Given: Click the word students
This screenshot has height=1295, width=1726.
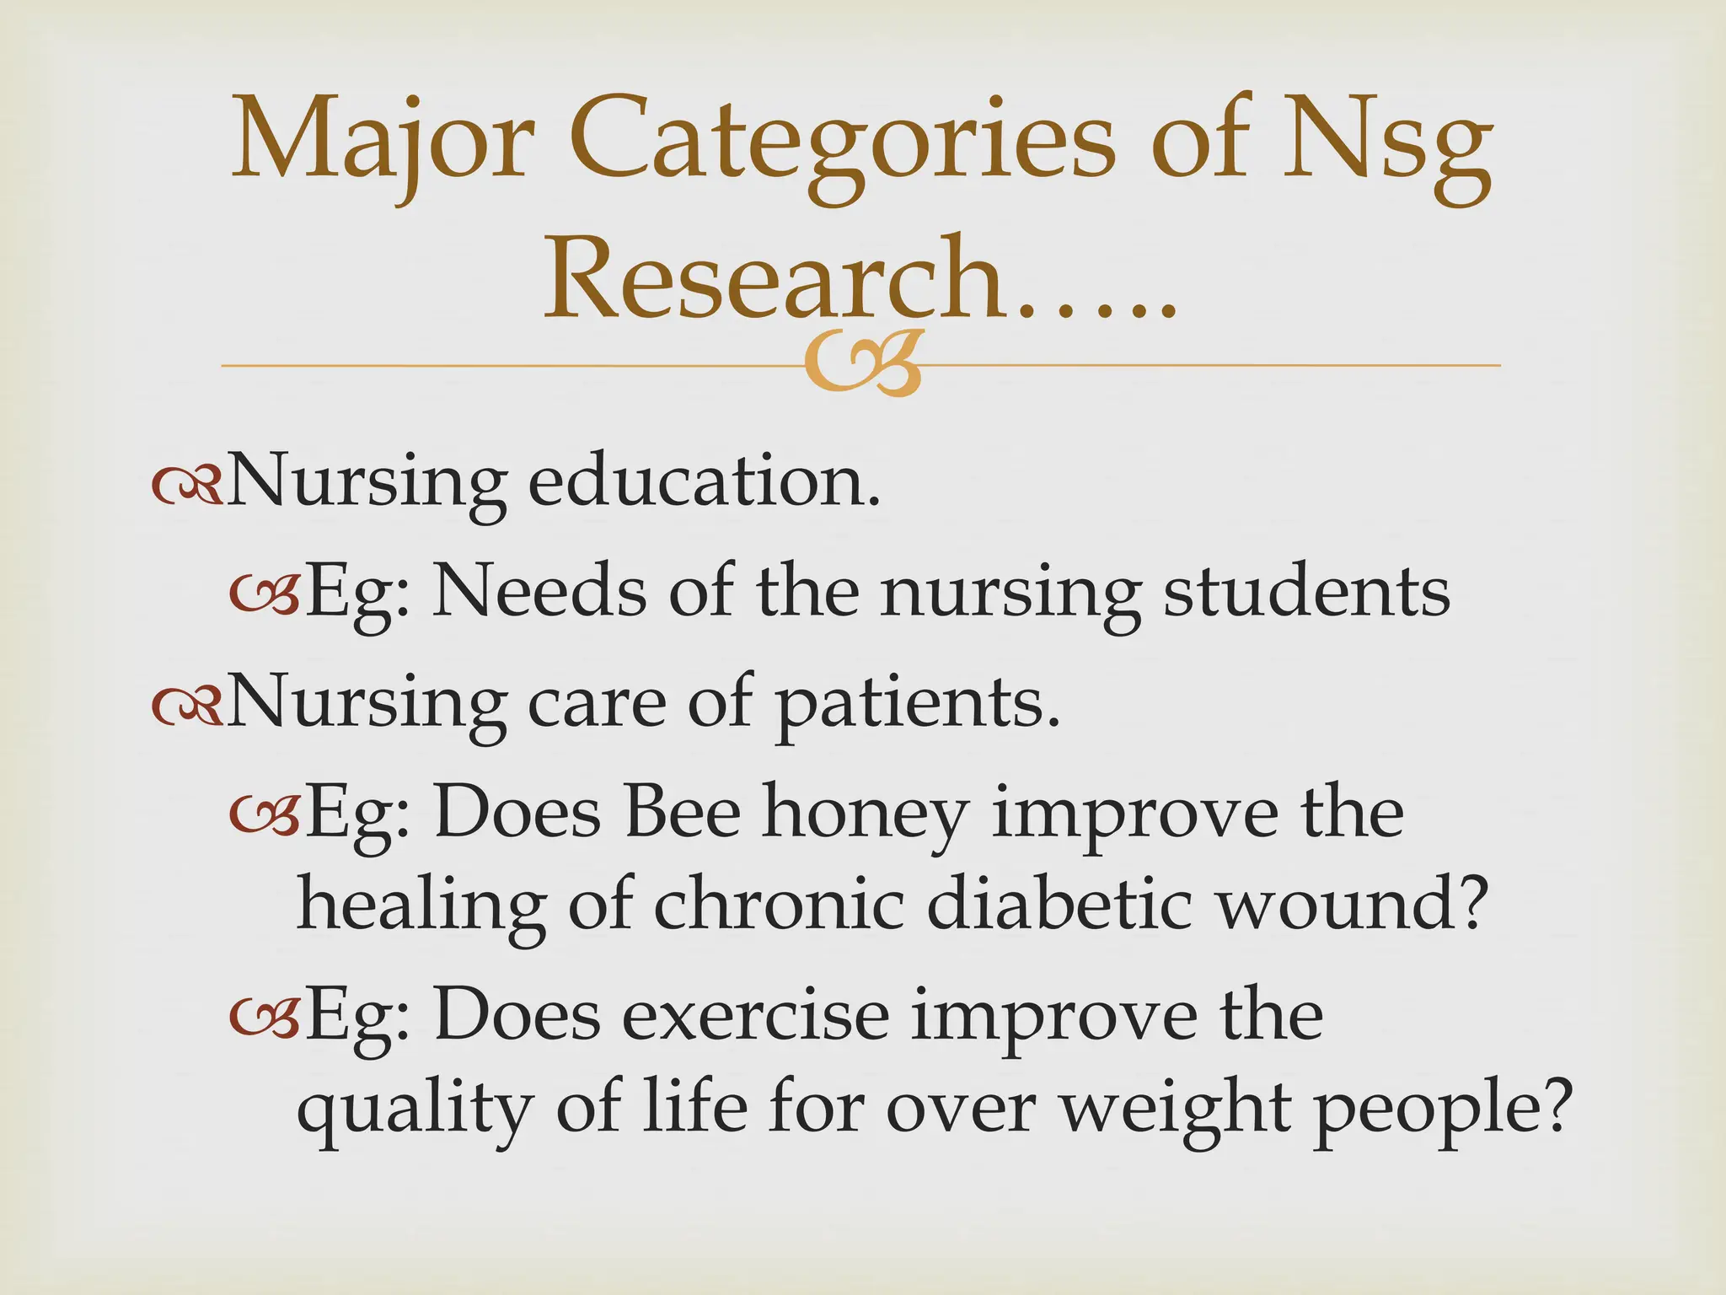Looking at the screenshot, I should click(1306, 592).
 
